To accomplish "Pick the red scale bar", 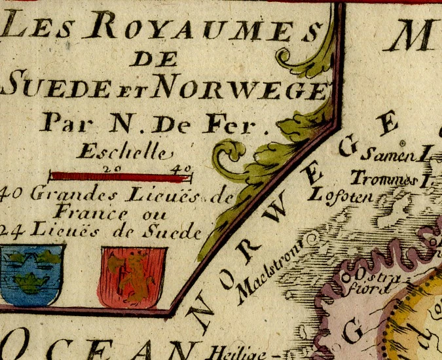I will (121, 175).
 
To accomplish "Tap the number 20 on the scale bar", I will (107, 168).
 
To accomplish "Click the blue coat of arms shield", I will (31, 275).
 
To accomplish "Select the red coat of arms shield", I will (132, 276).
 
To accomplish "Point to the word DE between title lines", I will (155, 60).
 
